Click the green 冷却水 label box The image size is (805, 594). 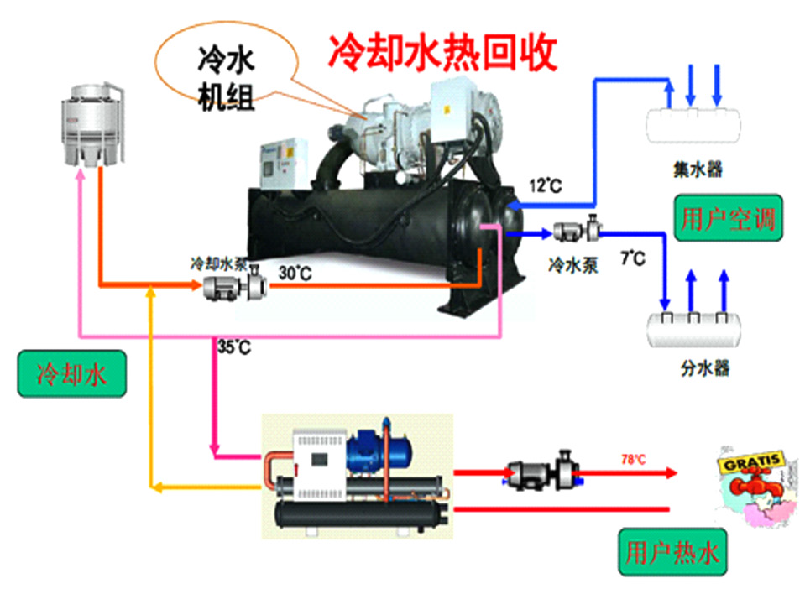[x=71, y=374]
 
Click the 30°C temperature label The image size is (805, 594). [x=295, y=272]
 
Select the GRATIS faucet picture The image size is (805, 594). [x=750, y=482]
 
